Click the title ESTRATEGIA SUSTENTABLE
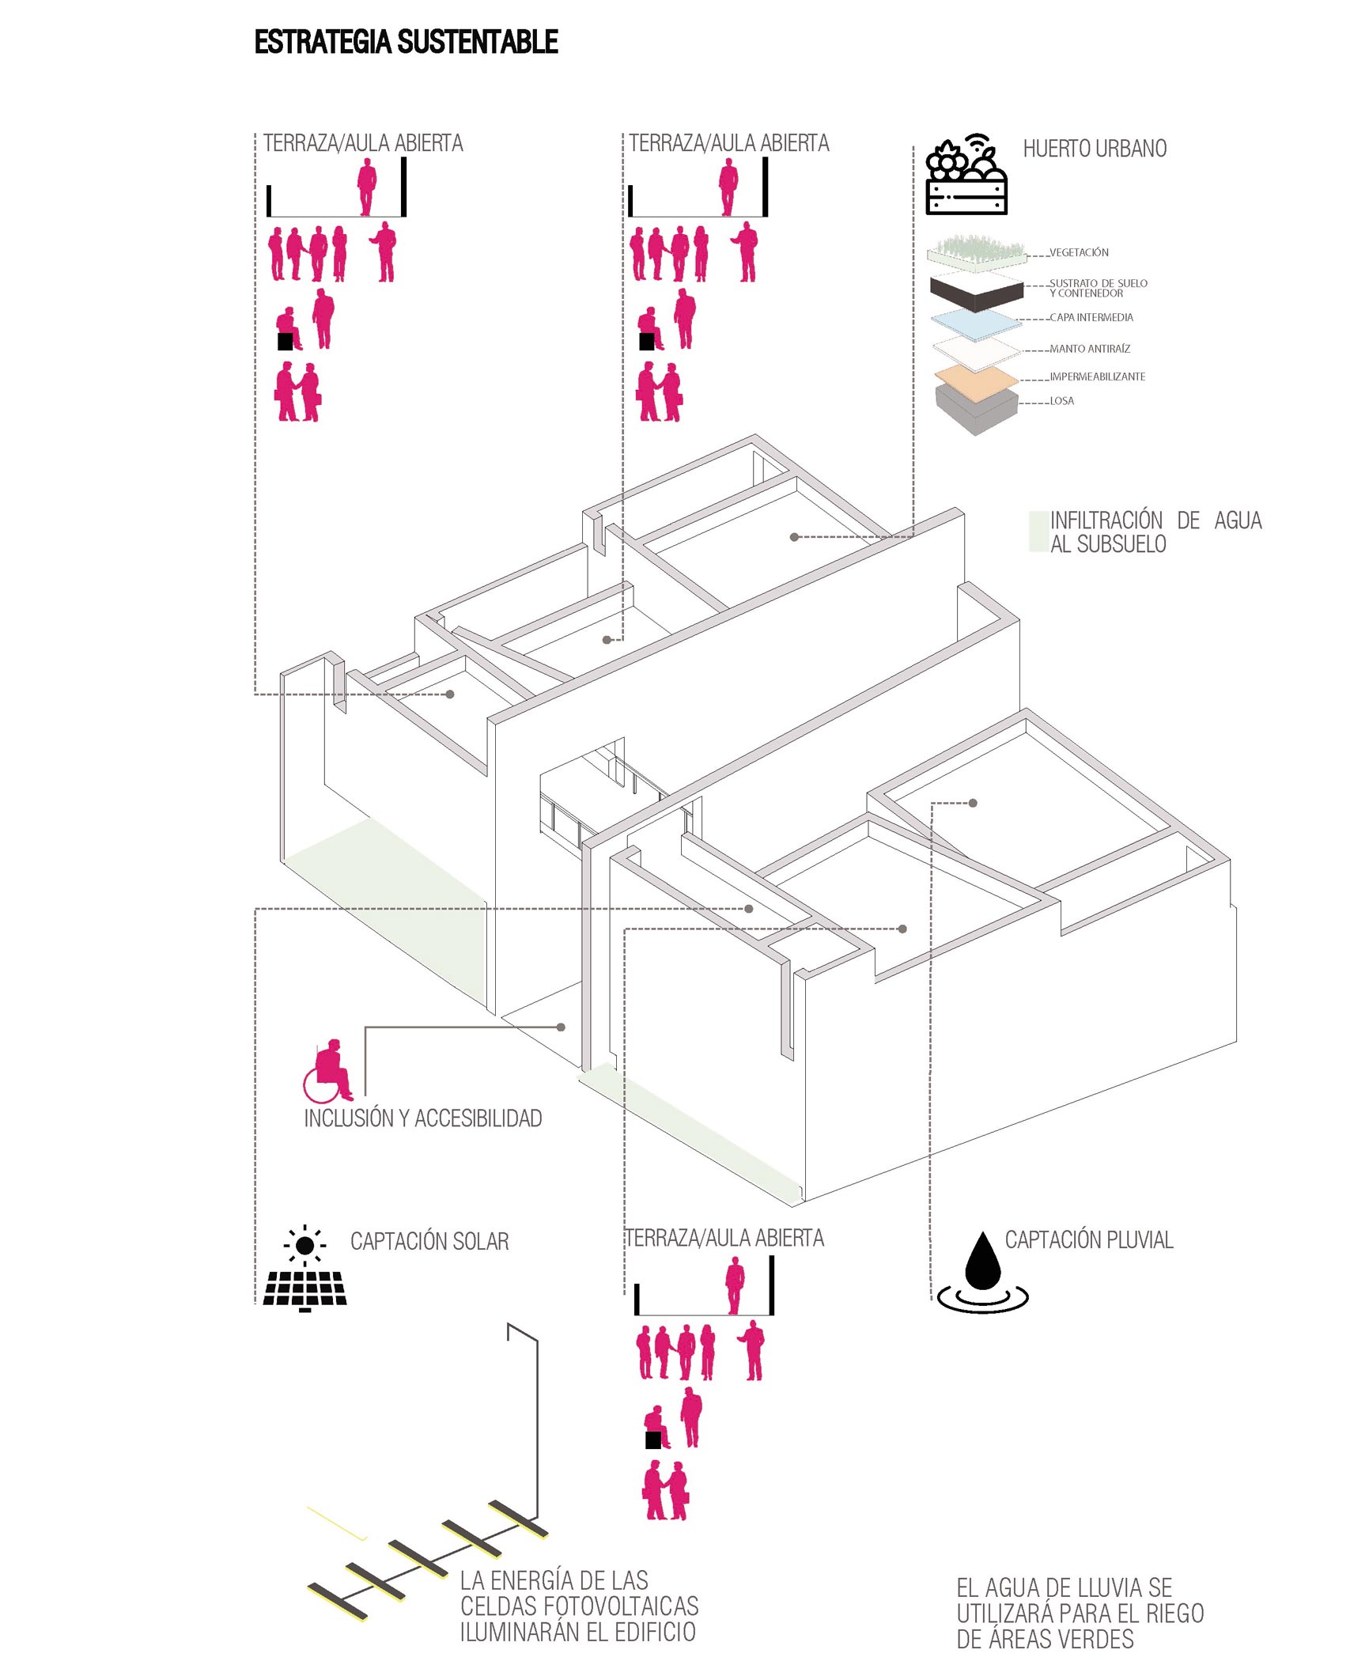tap(406, 42)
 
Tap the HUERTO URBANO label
tap(1095, 149)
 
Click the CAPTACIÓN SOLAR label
tap(429, 1242)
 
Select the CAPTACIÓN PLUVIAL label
tap(1088, 1240)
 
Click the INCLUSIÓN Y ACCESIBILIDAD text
tap(423, 1118)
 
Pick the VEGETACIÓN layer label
tap(1079, 252)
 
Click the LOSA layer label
tap(1061, 401)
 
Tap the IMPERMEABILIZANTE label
tap(1097, 376)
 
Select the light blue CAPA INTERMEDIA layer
tap(976, 323)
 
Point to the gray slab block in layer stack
tap(976, 410)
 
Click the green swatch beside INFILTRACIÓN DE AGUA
tap(1038, 532)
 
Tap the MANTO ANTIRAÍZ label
tap(1089, 349)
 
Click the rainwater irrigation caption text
tap(1080, 1613)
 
